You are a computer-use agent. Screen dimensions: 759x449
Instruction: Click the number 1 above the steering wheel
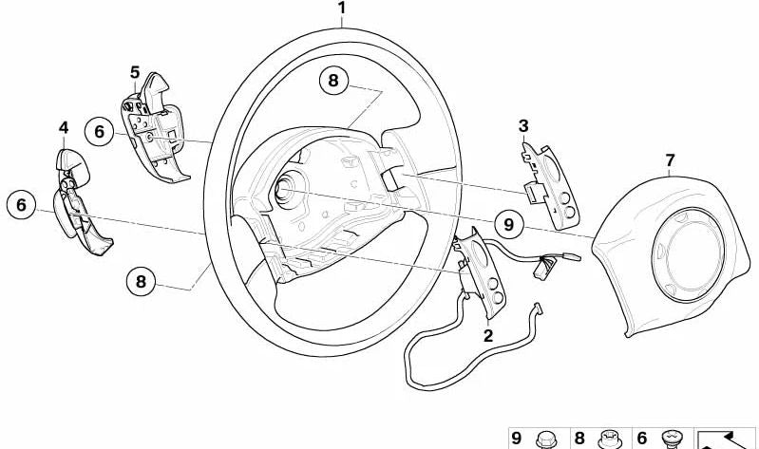tap(342, 9)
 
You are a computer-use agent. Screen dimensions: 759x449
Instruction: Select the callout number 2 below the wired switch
tap(488, 335)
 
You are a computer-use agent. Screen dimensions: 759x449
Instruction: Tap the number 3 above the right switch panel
tap(523, 126)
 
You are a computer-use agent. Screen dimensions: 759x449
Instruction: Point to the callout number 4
tap(64, 128)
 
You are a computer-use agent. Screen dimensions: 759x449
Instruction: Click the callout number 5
tap(135, 72)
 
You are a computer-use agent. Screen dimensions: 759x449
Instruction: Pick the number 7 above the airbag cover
tap(670, 159)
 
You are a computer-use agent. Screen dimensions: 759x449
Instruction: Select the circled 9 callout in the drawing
tap(509, 224)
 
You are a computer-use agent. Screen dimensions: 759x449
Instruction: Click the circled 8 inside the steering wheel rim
tap(333, 81)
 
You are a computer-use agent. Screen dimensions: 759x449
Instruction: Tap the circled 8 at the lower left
tap(141, 281)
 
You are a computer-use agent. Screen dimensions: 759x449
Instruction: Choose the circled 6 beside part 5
tap(99, 131)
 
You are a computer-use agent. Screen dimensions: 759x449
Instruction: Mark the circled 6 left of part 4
tap(21, 205)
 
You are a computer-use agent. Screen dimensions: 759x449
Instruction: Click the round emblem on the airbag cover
tap(688, 255)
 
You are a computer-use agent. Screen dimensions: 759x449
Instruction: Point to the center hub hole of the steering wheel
tap(284, 188)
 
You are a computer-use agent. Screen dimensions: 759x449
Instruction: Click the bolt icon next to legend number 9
tap(546, 440)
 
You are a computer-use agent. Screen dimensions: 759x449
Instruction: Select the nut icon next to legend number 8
tap(610, 440)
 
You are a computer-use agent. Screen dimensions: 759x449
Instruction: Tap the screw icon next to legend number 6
tap(673, 440)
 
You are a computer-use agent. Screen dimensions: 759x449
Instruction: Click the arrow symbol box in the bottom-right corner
tap(725, 439)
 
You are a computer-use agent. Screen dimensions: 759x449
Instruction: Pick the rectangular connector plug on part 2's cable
tap(541, 269)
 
